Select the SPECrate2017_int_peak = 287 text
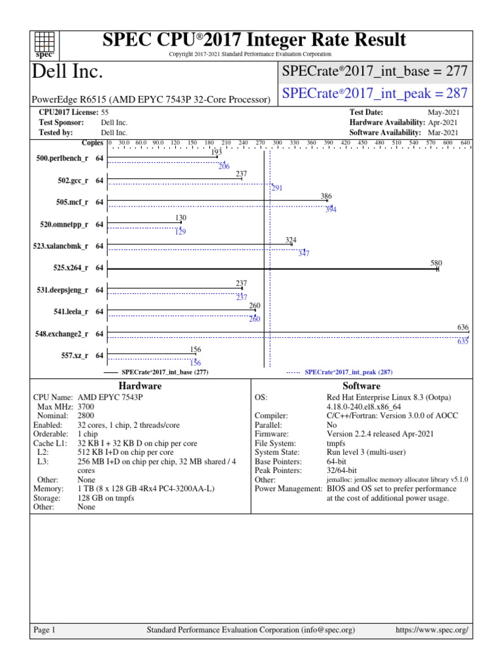click(375, 93)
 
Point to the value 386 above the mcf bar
click(327, 197)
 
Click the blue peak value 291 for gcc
click(277, 188)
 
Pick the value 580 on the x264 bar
click(437, 263)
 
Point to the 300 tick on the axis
click(277, 142)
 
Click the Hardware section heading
click(141, 386)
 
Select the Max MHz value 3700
click(86, 406)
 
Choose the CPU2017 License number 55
click(105, 113)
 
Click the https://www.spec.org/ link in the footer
click(433, 630)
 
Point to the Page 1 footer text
click(44, 630)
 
